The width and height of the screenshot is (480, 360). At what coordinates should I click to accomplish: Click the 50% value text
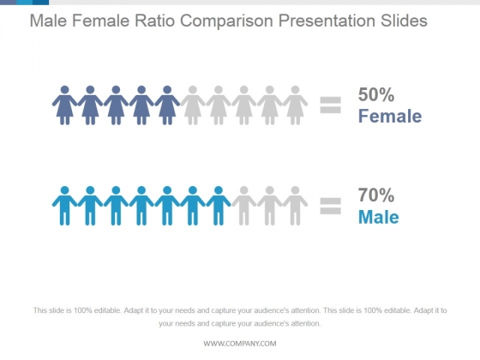pos(376,94)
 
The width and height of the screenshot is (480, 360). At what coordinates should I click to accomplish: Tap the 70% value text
pos(376,195)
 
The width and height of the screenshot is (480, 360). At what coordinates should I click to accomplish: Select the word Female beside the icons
pos(390,117)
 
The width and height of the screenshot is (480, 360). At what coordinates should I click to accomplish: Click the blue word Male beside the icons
pos(379,217)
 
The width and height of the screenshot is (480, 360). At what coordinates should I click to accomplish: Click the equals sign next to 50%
pos(330,105)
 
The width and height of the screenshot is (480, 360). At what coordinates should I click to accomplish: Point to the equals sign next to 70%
pos(330,206)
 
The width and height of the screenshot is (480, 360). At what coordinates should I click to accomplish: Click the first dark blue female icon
pos(64,105)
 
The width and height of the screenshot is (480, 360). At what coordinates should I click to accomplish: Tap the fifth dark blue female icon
pos(167,105)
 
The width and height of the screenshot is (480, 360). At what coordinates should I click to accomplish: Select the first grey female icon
pos(193,105)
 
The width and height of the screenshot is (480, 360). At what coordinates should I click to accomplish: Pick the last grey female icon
pos(296,105)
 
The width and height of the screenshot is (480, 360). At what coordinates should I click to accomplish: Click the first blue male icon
pos(64,206)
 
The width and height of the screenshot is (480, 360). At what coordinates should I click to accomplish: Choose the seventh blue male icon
pos(219,206)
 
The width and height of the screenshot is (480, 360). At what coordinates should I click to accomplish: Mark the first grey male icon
pos(244,206)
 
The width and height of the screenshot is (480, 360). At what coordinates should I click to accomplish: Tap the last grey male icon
pos(296,206)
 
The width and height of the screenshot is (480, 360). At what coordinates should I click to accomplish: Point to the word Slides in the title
pos(404,21)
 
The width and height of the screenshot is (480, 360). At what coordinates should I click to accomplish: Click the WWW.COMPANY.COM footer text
pos(240,344)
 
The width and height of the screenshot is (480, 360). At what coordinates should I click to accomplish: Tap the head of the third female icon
pos(116,90)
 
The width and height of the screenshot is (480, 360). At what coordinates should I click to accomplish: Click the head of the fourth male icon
pos(141,190)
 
